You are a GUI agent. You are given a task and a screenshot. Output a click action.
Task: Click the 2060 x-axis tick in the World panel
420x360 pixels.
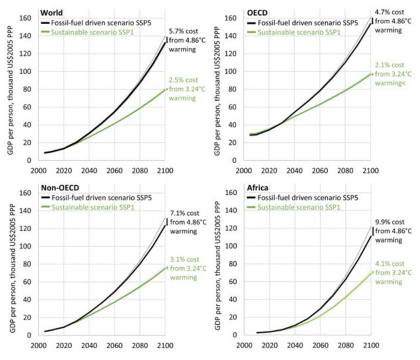(114, 170)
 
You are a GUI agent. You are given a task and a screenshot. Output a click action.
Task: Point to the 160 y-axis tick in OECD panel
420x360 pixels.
(233, 18)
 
